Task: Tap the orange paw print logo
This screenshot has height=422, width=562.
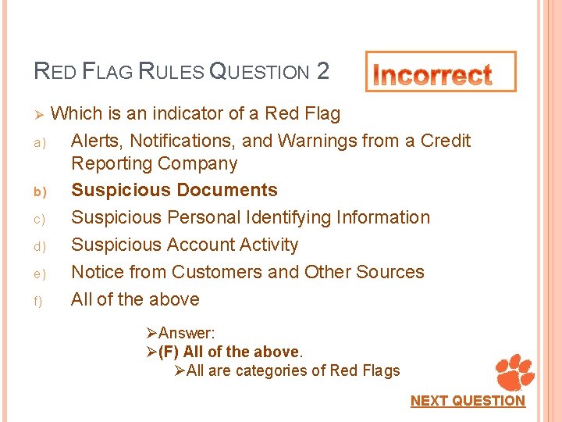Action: click(515, 372)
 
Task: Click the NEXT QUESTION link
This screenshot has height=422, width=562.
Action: click(468, 401)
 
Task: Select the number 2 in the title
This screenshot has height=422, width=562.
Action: click(323, 72)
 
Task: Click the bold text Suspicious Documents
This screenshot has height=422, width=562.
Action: click(174, 190)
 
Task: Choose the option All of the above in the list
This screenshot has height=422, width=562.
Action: click(135, 299)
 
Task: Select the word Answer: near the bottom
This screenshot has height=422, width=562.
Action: click(187, 334)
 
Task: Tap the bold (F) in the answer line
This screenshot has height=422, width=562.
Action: click(169, 352)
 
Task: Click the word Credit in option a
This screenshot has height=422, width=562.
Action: click(446, 141)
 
